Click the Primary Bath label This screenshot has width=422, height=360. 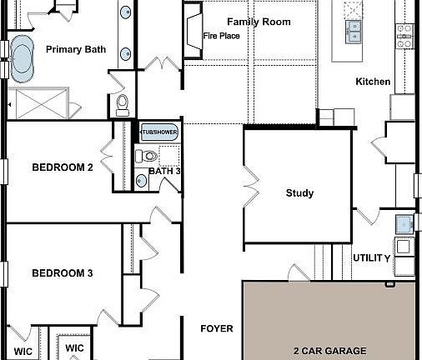[75, 49]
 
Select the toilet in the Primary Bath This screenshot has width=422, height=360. [123, 103]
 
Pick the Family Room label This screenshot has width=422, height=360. [259, 22]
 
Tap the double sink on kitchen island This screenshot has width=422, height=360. [353, 32]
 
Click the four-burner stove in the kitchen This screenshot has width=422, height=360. [404, 32]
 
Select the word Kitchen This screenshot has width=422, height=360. [372, 82]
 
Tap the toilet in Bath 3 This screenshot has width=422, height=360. [148, 156]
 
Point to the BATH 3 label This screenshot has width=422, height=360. [164, 172]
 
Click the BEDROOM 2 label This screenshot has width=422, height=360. [63, 167]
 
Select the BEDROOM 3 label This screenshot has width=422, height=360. [63, 273]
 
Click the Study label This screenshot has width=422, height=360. [299, 193]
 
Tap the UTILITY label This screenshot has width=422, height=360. [371, 258]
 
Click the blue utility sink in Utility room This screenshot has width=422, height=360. [404, 223]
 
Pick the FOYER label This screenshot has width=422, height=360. [217, 329]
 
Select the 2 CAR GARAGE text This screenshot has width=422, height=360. [328, 351]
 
